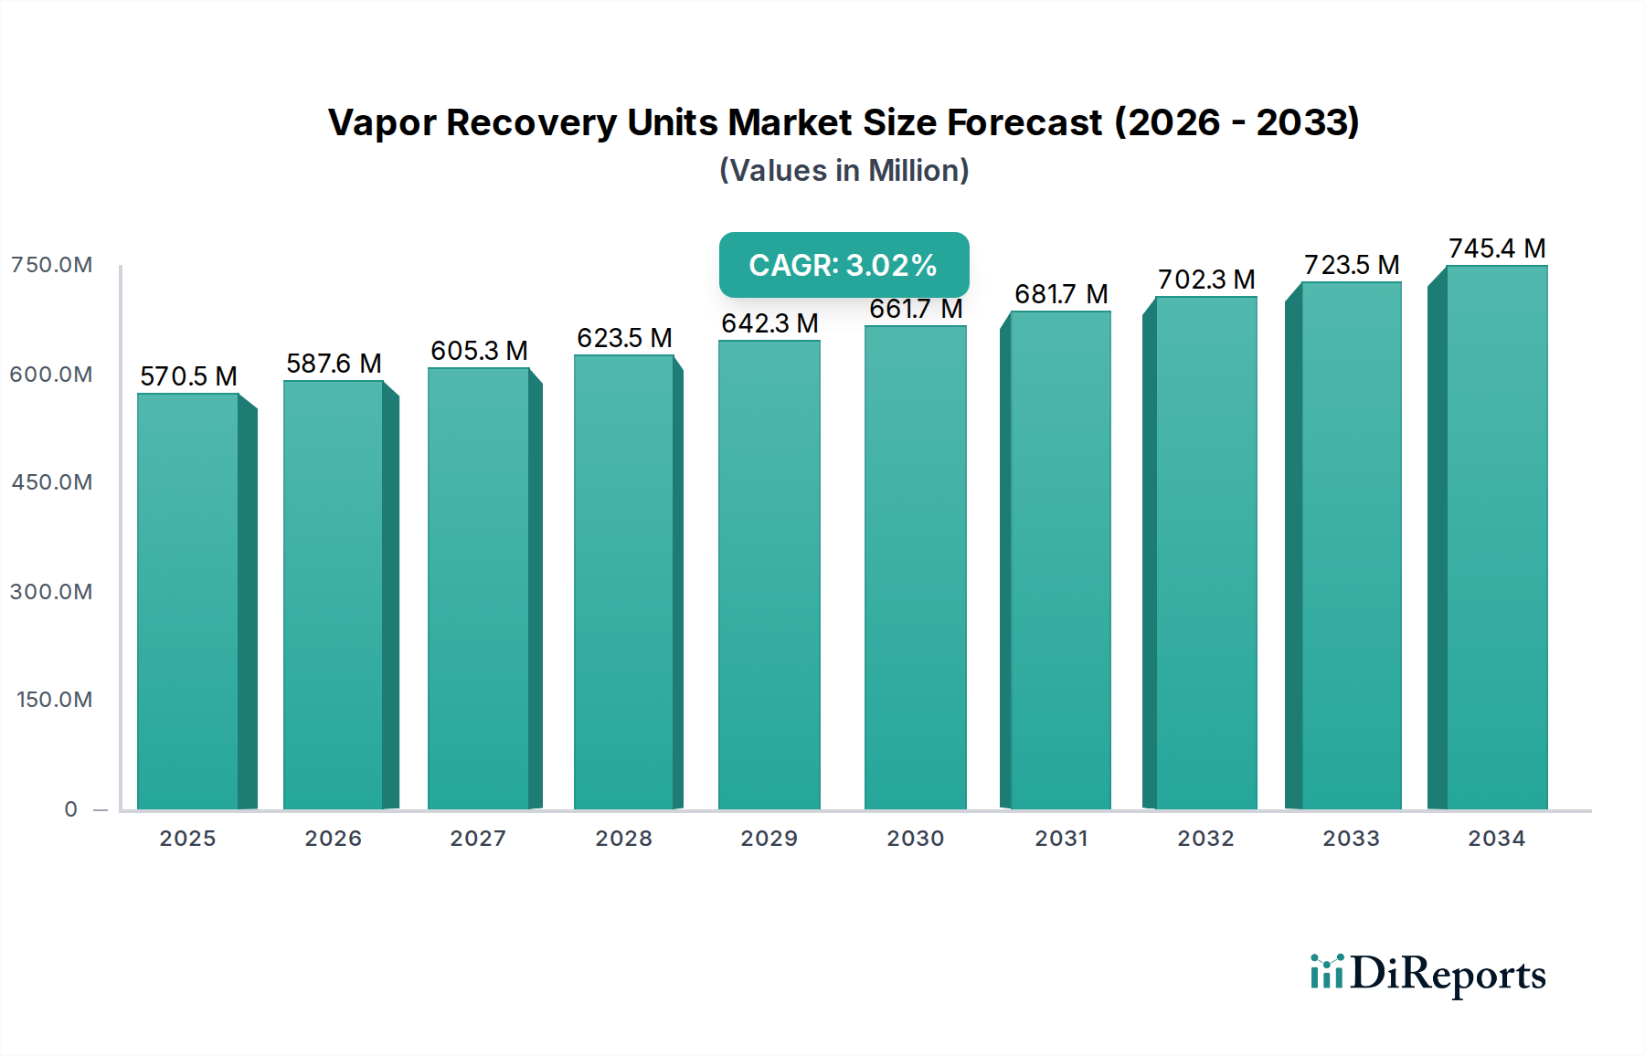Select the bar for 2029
pyautogui.click(x=769, y=576)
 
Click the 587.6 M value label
pyautogui.click(x=334, y=364)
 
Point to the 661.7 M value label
pyautogui.click(x=916, y=310)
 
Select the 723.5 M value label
pyautogui.click(x=1352, y=265)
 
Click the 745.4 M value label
pyautogui.click(x=1497, y=248)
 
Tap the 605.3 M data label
pyautogui.click(x=479, y=351)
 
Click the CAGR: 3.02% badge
pyautogui.click(x=844, y=265)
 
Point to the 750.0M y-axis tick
pyautogui.click(x=52, y=265)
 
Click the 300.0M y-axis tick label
pyautogui.click(x=52, y=592)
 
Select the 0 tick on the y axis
pyautogui.click(x=71, y=809)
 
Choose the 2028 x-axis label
pyautogui.click(x=624, y=839)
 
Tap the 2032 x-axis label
pyautogui.click(x=1205, y=839)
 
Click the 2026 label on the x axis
pyautogui.click(x=334, y=839)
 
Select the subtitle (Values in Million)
pyautogui.click(x=844, y=171)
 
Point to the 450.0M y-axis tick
pyautogui.click(x=52, y=482)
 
